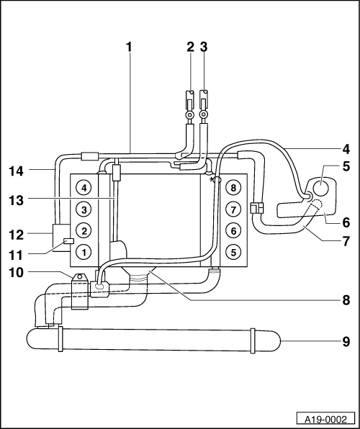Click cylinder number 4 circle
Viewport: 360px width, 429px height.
tap(84, 188)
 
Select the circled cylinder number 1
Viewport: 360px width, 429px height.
tap(84, 252)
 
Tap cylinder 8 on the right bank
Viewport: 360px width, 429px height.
tap(233, 188)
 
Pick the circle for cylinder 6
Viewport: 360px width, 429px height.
tap(233, 231)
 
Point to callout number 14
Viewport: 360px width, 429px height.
tap(16, 171)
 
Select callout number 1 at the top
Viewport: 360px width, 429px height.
tap(129, 47)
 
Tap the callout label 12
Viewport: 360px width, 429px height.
tap(16, 235)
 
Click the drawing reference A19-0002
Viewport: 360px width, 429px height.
tap(325, 420)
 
